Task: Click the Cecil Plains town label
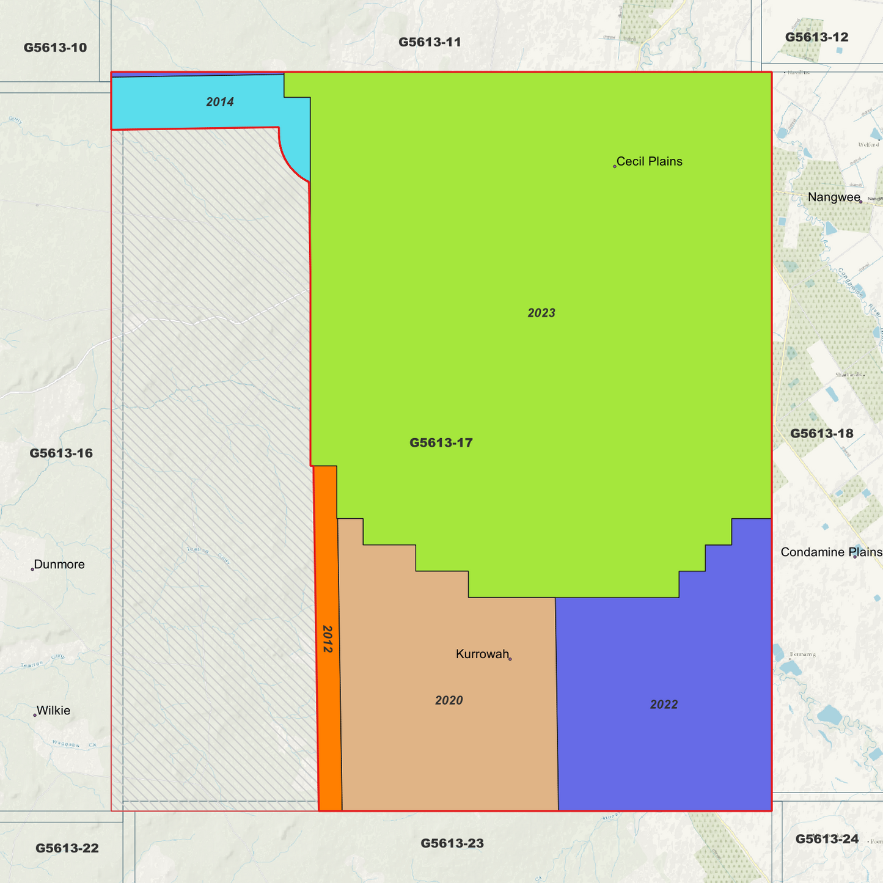[649, 161]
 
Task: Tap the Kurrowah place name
[482, 654]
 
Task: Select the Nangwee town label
[834, 197]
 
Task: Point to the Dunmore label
[59, 564]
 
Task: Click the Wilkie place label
[53, 710]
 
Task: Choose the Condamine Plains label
[831, 552]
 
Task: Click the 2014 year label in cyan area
[220, 102]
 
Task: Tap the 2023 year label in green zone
[541, 313]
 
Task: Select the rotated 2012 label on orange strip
[328, 639]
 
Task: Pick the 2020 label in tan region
[449, 700]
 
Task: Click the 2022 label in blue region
[664, 705]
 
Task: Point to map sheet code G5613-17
[441, 442]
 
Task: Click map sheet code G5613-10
[55, 48]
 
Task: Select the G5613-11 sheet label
[430, 42]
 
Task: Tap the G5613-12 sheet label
[816, 37]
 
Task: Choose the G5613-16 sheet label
[61, 453]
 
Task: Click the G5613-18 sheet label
[821, 433]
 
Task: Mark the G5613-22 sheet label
[67, 848]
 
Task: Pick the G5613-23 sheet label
[452, 843]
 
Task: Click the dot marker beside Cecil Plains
[615, 166]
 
